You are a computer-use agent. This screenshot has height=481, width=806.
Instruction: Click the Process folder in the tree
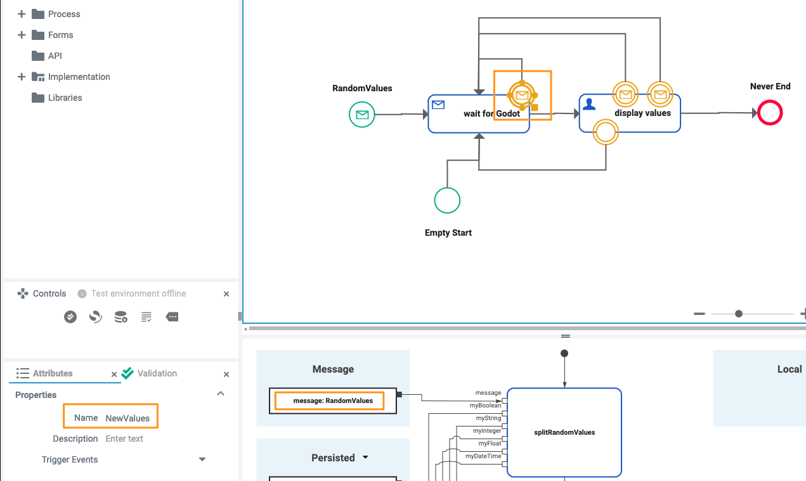(63, 14)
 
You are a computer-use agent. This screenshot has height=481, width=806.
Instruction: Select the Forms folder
(60, 35)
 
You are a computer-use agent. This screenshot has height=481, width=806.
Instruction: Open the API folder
(55, 56)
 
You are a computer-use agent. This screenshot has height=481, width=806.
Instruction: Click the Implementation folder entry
(79, 77)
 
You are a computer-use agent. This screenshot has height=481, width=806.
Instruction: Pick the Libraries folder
(65, 98)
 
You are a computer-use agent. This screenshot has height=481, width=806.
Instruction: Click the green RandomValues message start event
(362, 115)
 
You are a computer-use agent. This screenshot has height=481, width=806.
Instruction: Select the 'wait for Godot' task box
(469, 120)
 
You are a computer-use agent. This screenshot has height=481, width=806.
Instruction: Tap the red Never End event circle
(770, 113)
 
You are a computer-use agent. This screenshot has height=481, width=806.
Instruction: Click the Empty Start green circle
(447, 200)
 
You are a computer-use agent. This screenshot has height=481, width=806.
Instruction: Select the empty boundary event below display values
(605, 132)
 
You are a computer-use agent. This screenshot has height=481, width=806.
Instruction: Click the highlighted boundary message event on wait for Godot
(522, 96)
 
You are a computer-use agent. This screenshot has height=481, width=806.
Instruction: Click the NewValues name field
(127, 418)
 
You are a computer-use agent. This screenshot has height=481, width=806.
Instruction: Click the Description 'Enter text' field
(124, 439)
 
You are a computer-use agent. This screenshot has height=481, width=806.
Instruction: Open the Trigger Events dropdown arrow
(202, 459)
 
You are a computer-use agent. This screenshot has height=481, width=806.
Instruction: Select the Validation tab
(157, 373)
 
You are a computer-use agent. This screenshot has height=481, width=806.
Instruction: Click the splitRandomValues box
(564, 432)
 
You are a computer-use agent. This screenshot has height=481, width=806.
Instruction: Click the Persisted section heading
(333, 458)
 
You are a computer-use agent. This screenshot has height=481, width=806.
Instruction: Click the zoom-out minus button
(699, 314)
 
